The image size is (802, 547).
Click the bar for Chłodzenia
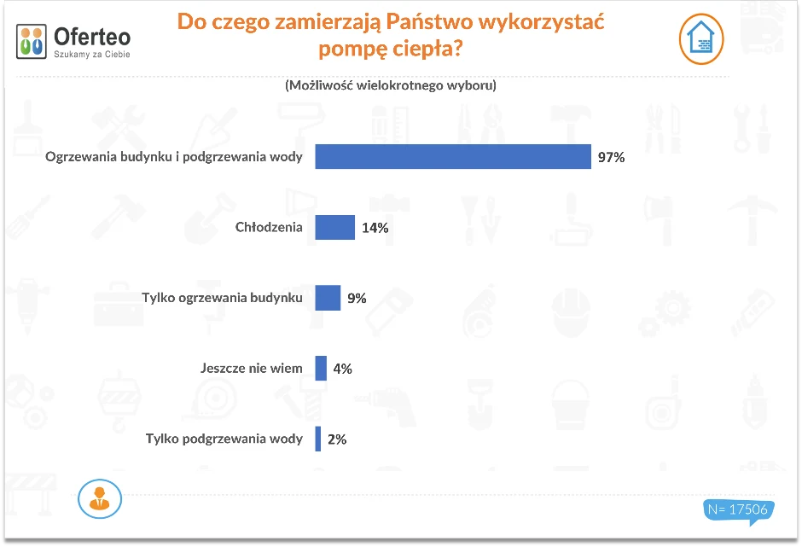point(334,228)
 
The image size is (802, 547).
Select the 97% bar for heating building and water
point(453,157)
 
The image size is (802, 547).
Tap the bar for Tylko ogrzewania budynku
point(328,298)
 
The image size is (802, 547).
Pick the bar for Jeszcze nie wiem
point(321,369)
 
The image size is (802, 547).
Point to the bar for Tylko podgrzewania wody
point(318,439)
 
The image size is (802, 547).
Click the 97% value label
point(611,158)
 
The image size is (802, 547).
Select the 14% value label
point(375,228)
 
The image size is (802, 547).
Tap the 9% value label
point(357,299)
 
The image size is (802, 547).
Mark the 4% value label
point(342,369)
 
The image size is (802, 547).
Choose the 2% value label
point(336,439)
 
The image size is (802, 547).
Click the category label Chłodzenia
point(269,228)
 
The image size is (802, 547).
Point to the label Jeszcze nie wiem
point(252,369)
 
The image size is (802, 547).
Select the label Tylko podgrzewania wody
point(224,439)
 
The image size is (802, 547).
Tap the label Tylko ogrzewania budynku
point(222,298)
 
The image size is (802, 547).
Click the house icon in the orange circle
point(701,39)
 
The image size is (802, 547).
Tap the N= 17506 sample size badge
point(738,509)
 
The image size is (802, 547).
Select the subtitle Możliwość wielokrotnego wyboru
point(391,85)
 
